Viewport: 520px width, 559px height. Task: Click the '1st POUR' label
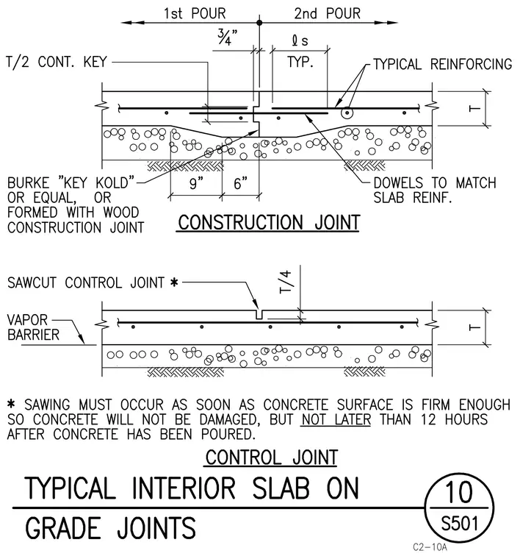(195, 13)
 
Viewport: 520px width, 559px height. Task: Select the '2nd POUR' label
(328, 13)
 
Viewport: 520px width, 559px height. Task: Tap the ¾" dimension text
(228, 37)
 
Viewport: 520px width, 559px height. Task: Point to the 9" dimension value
(196, 183)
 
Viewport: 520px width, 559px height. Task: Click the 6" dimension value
(241, 183)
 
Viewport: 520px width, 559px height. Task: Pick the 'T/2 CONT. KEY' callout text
(57, 62)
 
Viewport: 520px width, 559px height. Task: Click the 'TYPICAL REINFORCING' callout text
(443, 64)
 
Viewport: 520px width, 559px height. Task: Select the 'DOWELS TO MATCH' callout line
(434, 182)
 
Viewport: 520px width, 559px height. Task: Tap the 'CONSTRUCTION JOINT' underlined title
(269, 222)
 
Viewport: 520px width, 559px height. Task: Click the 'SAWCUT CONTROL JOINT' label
(86, 282)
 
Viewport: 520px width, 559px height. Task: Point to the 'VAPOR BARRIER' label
(33, 327)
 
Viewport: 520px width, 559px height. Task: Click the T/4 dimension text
(286, 282)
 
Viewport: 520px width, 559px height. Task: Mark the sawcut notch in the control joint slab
(259, 315)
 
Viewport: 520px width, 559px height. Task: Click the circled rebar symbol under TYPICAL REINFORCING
(347, 113)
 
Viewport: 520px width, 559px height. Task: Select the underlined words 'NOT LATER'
(336, 419)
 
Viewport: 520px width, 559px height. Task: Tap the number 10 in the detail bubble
(459, 492)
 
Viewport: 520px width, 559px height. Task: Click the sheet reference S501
(460, 524)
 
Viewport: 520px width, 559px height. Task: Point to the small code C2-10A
(430, 547)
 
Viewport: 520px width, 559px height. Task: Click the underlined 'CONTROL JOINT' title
(272, 457)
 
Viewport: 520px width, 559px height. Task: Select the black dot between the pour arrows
(259, 23)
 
